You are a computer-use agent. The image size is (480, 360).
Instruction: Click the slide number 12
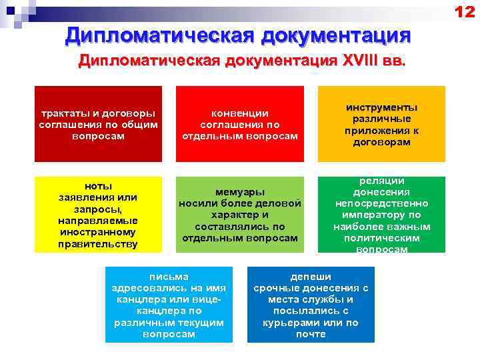(x=464, y=12)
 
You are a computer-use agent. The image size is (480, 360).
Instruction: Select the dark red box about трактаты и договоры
(x=98, y=124)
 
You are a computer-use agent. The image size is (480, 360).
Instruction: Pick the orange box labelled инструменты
(x=381, y=124)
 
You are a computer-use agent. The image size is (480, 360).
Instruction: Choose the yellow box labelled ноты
(x=98, y=214)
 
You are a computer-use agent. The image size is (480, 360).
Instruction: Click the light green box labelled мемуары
(x=239, y=214)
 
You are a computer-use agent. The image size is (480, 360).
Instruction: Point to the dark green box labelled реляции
(x=381, y=214)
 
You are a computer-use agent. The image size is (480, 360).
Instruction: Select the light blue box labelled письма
(x=169, y=304)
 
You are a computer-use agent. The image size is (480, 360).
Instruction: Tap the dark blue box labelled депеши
(x=311, y=304)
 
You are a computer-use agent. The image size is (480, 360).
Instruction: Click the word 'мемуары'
(x=240, y=191)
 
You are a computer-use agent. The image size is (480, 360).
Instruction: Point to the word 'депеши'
(x=311, y=276)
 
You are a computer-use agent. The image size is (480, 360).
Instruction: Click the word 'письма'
(x=169, y=276)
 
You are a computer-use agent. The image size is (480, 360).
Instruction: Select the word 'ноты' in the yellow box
(x=98, y=185)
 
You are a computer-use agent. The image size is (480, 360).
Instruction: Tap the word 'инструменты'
(x=381, y=107)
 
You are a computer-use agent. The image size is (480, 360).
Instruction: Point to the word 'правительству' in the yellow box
(x=98, y=244)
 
